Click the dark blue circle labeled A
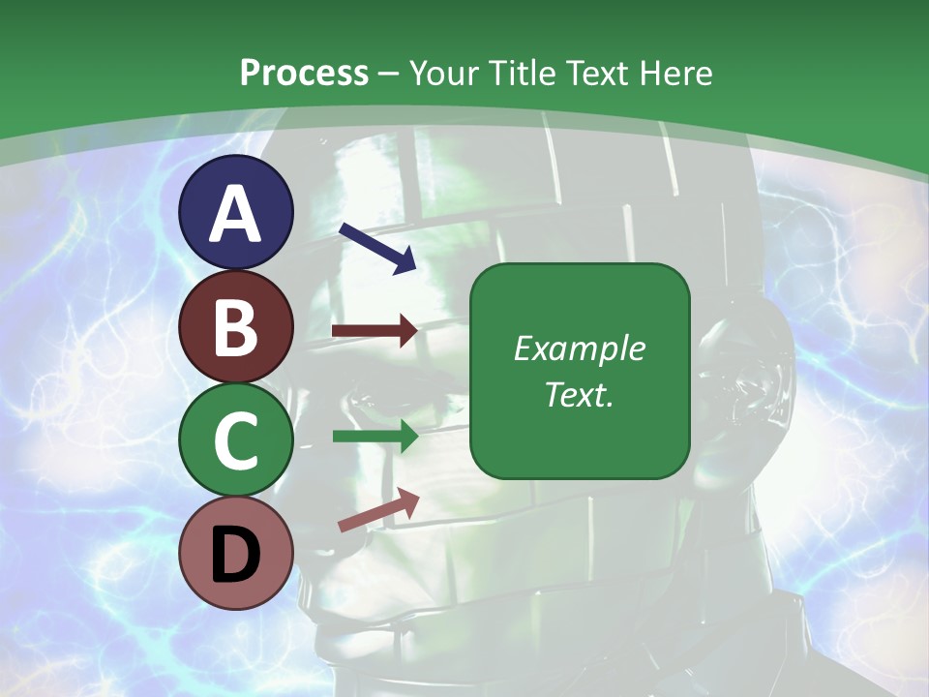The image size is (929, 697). pos(236,212)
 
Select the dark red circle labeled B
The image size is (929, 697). pos(236,326)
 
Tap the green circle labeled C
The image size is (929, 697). pos(236,439)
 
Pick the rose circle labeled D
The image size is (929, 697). pos(236,553)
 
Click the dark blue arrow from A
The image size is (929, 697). pos(377,248)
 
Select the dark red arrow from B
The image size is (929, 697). pos(375,331)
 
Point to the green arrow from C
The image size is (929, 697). pos(375,437)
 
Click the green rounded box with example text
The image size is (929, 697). pos(580,371)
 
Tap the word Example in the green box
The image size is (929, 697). pos(580,348)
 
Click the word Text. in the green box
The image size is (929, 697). pos(580,395)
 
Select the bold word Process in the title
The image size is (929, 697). pos(304,73)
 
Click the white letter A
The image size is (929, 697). pos(236,214)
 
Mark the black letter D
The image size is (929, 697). pos(236,555)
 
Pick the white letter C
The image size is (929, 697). pos(236,441)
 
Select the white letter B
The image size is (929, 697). pos(236,328)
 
